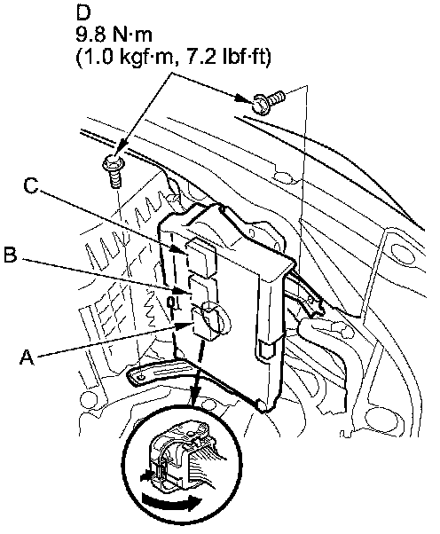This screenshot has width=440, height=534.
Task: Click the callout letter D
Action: tap(83, 13)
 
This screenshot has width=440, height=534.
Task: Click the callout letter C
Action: tap(31, 185)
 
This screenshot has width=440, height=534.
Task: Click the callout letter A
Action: tap(27, 357)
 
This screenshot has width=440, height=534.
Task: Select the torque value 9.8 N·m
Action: tap(114, 35)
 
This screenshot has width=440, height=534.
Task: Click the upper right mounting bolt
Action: tap(268, 99)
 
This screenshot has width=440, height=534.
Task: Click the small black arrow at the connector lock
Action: tap(145, 475)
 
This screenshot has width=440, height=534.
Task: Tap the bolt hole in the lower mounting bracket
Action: tap(141, 377)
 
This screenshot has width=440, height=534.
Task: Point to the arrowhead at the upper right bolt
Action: tap(247, 99)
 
